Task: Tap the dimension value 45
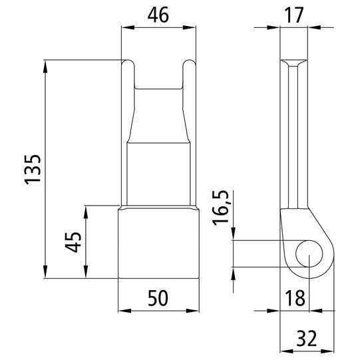[x=75, y=242]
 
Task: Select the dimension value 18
[x=293, y=297]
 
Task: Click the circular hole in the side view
[x=308, y=254]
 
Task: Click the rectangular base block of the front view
[x=158, y=242]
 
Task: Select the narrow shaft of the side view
[x=293, y=133]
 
